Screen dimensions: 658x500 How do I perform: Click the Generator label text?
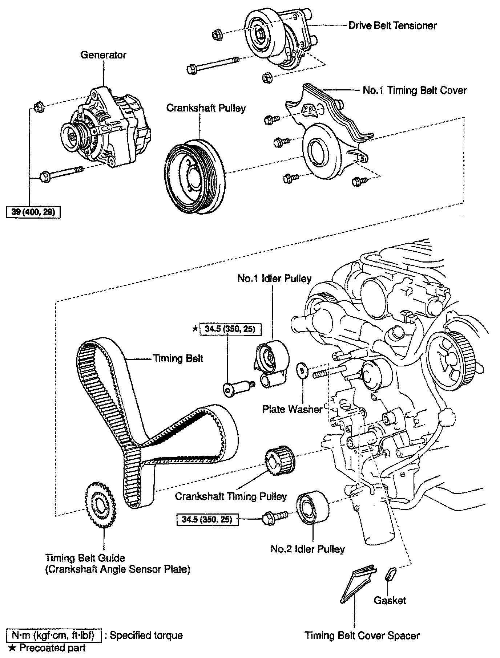103,55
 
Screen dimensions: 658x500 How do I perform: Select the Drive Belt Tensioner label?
392,25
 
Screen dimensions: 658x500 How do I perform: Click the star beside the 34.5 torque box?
195,329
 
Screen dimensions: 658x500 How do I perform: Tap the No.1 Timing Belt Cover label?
415,90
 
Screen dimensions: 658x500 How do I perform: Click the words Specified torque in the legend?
146,635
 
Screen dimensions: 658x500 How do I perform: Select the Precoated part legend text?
52,647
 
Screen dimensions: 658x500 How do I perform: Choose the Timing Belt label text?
178,358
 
